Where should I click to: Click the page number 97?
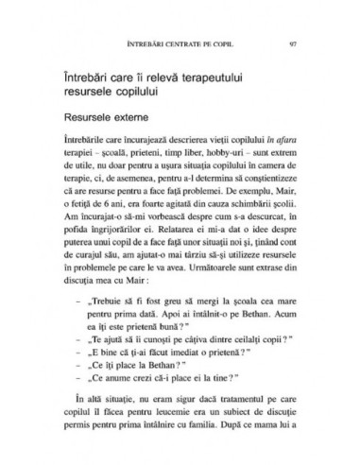pos(296,43)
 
